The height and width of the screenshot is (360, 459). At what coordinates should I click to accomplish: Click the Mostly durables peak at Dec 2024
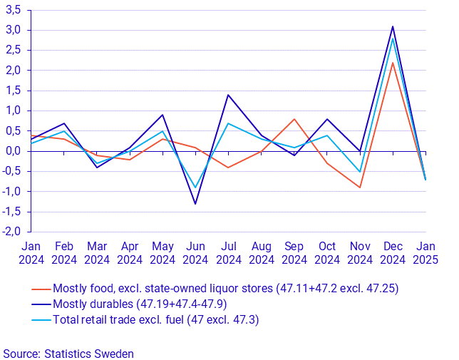(393, 26)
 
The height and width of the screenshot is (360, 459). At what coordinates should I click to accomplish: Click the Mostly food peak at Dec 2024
(393, 63)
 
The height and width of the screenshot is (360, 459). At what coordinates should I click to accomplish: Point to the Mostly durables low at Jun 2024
(195, 204)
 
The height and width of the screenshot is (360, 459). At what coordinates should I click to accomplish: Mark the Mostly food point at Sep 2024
(294, 119)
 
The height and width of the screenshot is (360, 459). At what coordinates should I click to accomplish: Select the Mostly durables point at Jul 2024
(228, 95)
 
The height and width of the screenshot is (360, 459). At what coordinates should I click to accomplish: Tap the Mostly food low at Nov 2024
(360, 187)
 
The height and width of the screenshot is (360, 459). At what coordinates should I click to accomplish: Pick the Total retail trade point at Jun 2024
(195, 187)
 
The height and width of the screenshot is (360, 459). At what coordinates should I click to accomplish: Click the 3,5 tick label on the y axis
(12, 10)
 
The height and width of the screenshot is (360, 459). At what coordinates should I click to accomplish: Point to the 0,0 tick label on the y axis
(12, 151)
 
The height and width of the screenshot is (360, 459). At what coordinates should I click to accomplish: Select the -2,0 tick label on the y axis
(11, 232)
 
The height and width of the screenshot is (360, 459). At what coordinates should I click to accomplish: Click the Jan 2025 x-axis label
(426, 252)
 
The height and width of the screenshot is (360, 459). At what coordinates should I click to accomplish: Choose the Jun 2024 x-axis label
(195, 252)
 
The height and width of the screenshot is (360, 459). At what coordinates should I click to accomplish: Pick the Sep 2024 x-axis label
(294, 252)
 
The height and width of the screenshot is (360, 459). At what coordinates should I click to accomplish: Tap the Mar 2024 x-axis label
(97, 252)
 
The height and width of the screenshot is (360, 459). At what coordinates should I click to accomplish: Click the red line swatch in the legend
(41, 289)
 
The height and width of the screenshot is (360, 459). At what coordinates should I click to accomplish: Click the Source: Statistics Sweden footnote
(68, 353)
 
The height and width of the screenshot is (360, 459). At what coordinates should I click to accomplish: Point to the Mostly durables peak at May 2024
(163, 115)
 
